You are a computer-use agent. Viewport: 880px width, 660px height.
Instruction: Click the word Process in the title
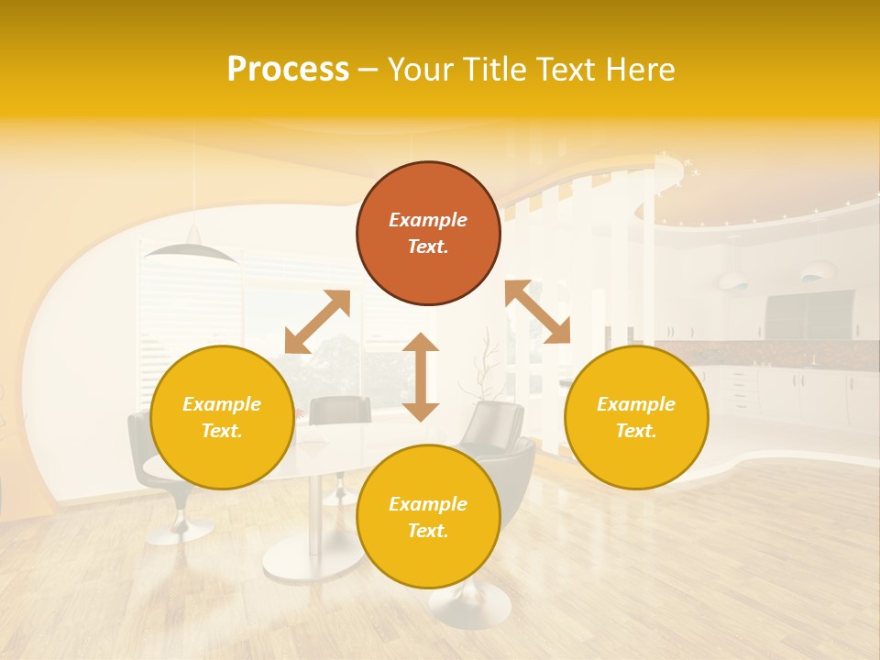[x=288, y=70]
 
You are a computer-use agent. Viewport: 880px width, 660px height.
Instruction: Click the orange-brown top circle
[x=428, y=233]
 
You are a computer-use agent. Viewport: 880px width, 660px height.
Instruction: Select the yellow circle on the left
[x=222, y=417]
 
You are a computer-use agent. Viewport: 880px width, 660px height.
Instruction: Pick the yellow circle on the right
[x=636, y=417]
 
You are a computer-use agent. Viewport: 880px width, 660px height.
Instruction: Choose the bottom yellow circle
[x=428, y=517]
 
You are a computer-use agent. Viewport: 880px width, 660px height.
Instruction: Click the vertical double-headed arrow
[x=421, y=377]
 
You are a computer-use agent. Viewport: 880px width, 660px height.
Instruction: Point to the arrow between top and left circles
[x=317, y=322]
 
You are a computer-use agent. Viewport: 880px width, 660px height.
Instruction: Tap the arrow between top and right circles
[x=538, y=312]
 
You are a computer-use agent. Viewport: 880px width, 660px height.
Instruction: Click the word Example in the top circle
[x=428, y=220]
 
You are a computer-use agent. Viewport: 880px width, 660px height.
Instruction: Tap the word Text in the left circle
[x=221, y=431]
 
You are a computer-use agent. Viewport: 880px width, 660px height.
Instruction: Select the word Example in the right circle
[x=636, y=404]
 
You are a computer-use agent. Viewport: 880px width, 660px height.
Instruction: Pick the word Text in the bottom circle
[x=427, y=531]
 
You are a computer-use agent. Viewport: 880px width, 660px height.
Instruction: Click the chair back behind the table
[x=339, y=411]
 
